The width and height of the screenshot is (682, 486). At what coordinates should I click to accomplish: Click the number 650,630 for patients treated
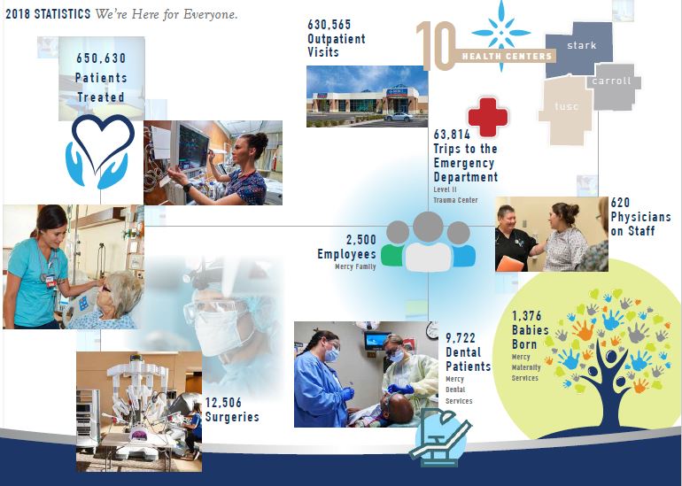coord(101,58)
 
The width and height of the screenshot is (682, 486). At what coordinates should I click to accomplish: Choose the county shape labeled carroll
coord(611,85)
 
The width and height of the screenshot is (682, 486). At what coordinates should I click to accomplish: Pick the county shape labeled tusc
coord(565,108)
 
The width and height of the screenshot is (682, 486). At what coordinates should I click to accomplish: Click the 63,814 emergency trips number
coord(453,135)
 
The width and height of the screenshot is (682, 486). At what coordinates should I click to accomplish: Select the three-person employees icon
coord(428,241)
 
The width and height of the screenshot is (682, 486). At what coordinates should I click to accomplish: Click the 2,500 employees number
coord(360,240)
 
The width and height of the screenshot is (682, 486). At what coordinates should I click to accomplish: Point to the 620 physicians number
coord(620,203)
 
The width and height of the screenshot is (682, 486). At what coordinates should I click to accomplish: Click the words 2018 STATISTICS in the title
coord(47,15)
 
